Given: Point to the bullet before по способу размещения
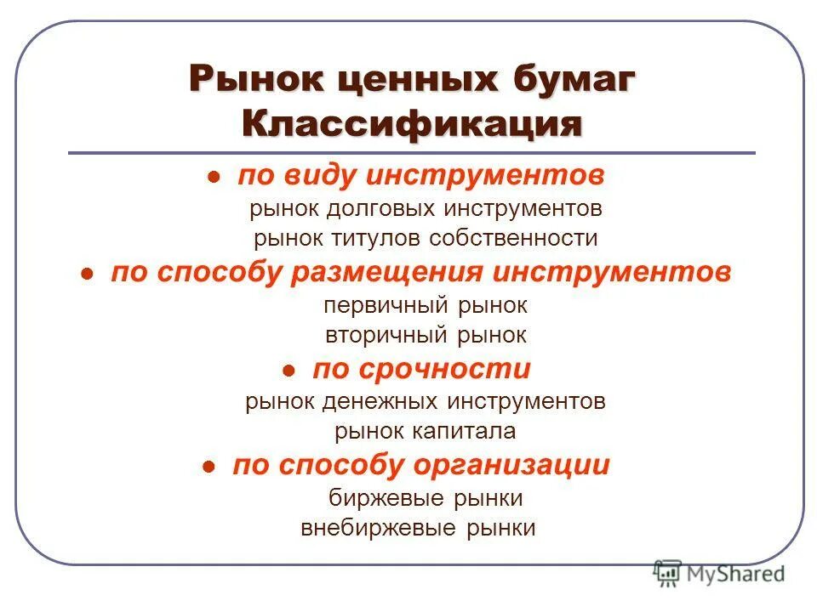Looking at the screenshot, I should tap(87, 275).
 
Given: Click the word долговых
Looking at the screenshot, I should tap(374, 208).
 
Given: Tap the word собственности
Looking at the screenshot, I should tap(513, 239).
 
